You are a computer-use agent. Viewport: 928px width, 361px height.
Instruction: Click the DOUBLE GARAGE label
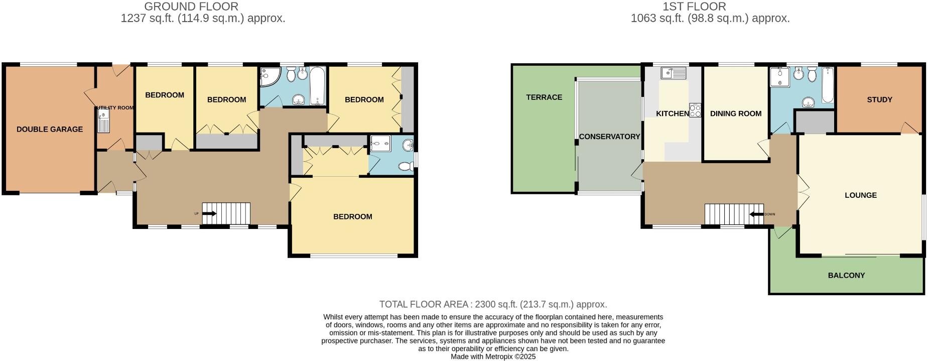click(50, 129)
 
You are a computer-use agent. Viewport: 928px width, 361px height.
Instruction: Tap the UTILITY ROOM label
click(115, 107)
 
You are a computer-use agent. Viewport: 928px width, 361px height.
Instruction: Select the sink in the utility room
click(103, 122)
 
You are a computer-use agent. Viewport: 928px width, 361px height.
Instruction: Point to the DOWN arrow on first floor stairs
click(756, 214)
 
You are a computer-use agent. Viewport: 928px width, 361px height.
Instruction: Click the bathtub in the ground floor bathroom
click(317, 85)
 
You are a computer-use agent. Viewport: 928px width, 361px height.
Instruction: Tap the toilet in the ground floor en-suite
click(405, 166)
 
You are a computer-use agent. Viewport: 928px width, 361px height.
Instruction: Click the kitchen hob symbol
click(695, 110)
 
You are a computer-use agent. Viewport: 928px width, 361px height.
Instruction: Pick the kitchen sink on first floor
click(674, 73)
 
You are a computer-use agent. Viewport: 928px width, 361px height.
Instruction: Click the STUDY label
click(879, 99)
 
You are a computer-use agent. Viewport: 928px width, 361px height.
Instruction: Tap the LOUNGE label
click(860, 195)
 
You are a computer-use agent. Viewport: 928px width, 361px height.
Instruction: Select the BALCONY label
click(846, 275)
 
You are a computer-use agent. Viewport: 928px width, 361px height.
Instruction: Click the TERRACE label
click(544, 97)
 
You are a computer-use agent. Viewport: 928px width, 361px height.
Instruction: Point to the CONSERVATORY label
click(609, 137)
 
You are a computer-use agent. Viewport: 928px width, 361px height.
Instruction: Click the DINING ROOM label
click(735, 113)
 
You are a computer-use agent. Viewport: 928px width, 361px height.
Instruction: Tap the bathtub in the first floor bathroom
click(828, 85)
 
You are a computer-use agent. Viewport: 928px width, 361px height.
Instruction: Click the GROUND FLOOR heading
click(191, 7)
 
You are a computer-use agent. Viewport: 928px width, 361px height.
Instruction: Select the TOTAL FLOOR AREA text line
click(493, 304)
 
